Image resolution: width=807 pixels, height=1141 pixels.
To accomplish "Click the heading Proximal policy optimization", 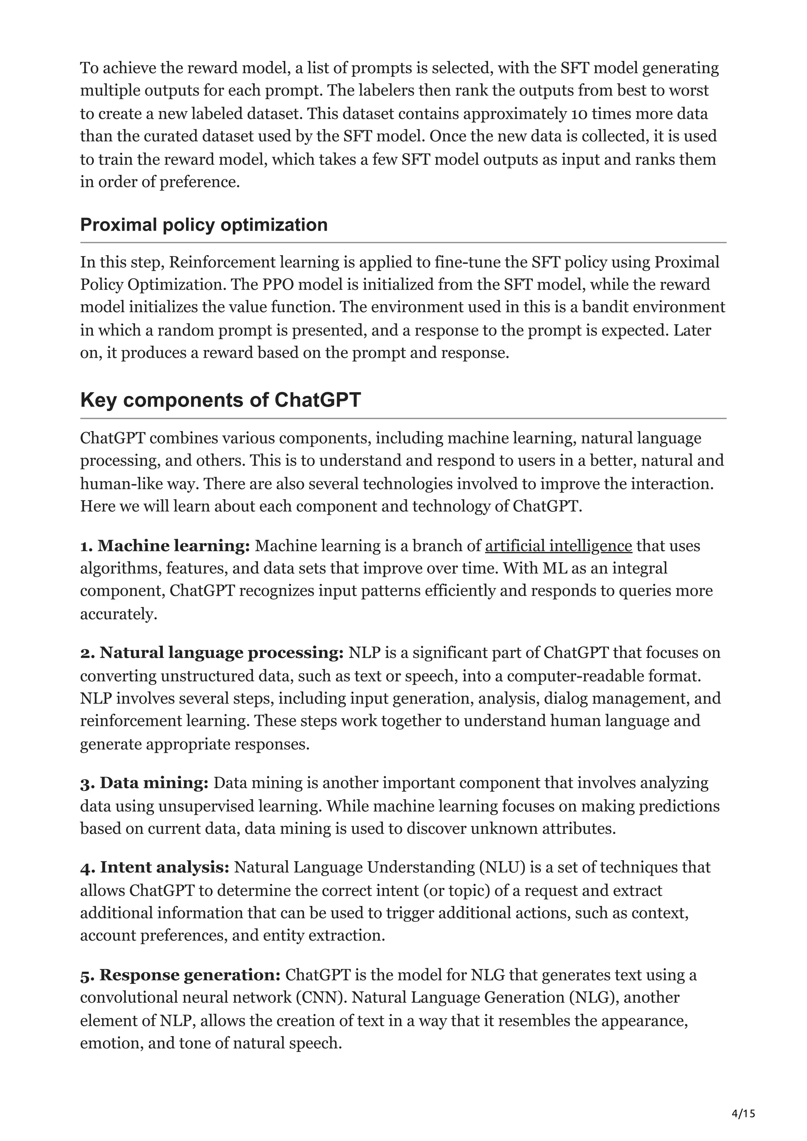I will (x=204, y=225).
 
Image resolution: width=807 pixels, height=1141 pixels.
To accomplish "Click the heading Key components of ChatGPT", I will (x=220, y=400).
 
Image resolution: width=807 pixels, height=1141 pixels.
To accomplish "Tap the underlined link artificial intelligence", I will (x=558, y=546).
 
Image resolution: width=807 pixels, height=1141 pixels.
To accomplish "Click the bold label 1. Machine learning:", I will (x=165, y=546).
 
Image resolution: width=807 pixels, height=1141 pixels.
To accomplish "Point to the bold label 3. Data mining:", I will (x=144, y=783).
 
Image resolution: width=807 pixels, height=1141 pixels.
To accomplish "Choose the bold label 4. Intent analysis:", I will (x=154, y=867).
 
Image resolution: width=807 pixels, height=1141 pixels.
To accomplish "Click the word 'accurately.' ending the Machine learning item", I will (x=118, y=614).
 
